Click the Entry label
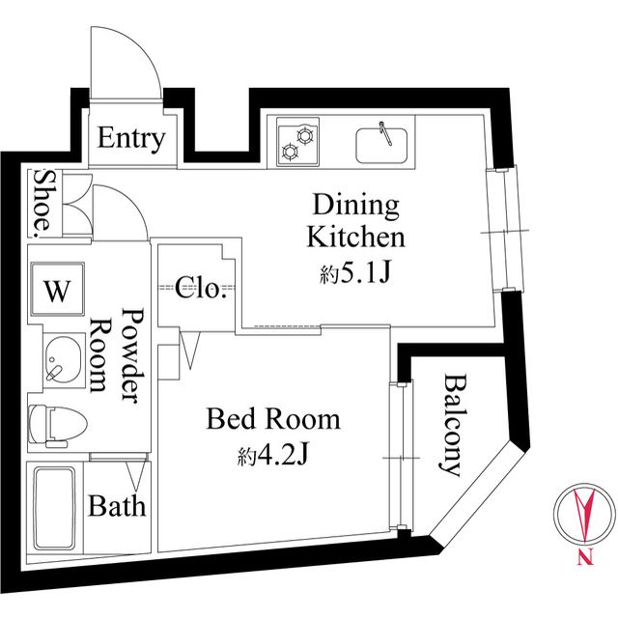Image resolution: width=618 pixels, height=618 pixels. pos(131,138)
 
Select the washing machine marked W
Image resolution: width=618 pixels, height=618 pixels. pos(58,289)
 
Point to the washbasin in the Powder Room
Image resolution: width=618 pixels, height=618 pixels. pos(63,360)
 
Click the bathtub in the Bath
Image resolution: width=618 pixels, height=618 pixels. pos(54,509)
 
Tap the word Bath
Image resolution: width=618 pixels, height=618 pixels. pos(117,506)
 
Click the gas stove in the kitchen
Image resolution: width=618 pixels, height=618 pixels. pos(297,142)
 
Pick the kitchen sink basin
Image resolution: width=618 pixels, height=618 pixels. pos(381,146)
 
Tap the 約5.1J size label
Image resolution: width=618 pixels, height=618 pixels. pos(354,273)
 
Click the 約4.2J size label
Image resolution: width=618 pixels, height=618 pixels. pos(272,457)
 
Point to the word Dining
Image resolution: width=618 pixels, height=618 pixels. pos(355,206)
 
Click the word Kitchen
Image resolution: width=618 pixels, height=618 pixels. pos(355,238)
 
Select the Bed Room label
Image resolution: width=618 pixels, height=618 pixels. pos(272,419)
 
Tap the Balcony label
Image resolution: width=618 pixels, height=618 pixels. pos(453,425)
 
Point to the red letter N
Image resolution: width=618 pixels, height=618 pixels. pos(585,558)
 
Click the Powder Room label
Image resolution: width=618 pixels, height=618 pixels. pos(118,354)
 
